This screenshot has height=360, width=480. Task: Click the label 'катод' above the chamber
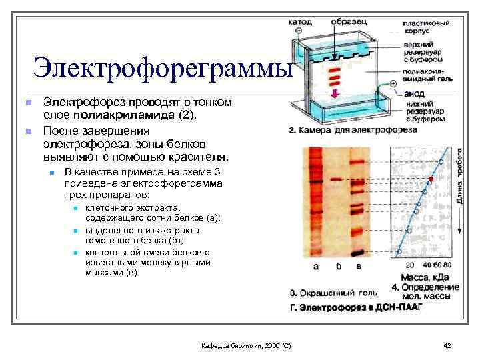(299, 21)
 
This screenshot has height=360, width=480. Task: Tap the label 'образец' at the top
(347, 21)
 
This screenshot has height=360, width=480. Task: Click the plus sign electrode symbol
(393, 84)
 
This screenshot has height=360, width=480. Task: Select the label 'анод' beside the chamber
(413, 94)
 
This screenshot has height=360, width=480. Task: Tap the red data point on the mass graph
(430, 180)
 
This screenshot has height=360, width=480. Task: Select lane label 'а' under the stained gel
(316, 267)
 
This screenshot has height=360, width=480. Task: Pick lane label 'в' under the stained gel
(360, 267)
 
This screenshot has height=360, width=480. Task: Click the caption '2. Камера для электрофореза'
(347, 131)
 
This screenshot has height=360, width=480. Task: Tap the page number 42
(447, 345)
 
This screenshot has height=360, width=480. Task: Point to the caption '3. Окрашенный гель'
(333, 292)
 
